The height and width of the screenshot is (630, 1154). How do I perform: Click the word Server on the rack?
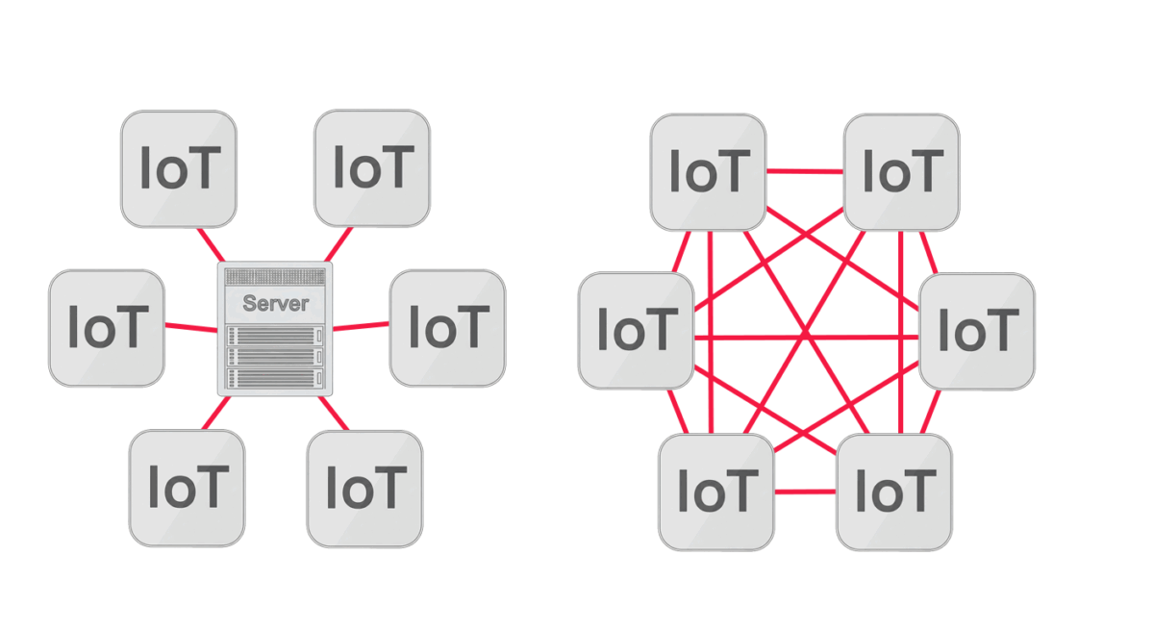[275, 304]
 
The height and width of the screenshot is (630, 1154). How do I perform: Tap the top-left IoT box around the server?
[179, 169]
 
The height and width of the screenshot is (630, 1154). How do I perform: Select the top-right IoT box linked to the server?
[372, 168]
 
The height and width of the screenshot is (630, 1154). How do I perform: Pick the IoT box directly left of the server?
[107, 328]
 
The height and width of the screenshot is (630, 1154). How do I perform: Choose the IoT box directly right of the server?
[447, 328]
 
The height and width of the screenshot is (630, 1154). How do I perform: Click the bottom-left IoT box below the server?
[188, 488]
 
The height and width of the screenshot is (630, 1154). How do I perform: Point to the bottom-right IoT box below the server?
[364, 488]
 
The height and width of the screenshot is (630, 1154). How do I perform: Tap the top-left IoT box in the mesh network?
[709, 172]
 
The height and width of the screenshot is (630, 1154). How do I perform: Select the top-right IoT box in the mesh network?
[901, 172]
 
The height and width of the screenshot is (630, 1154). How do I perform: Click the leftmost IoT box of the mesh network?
[636, 331]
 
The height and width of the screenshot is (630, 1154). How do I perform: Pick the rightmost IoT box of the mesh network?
[977, 331]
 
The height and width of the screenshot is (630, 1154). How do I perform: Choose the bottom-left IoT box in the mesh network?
[716, 491]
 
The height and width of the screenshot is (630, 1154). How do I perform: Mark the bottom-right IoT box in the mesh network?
[894, 491]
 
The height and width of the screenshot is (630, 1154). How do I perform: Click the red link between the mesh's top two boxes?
[805, 172]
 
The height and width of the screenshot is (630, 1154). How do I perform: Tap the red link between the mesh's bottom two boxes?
[805, 492]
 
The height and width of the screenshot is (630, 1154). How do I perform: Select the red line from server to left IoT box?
[191, 327]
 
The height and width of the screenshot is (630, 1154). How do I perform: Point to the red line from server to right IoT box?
[361, 325]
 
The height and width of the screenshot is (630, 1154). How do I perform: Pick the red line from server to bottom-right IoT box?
[333, 413]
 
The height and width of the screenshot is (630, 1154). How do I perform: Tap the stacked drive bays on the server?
[274, 357]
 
